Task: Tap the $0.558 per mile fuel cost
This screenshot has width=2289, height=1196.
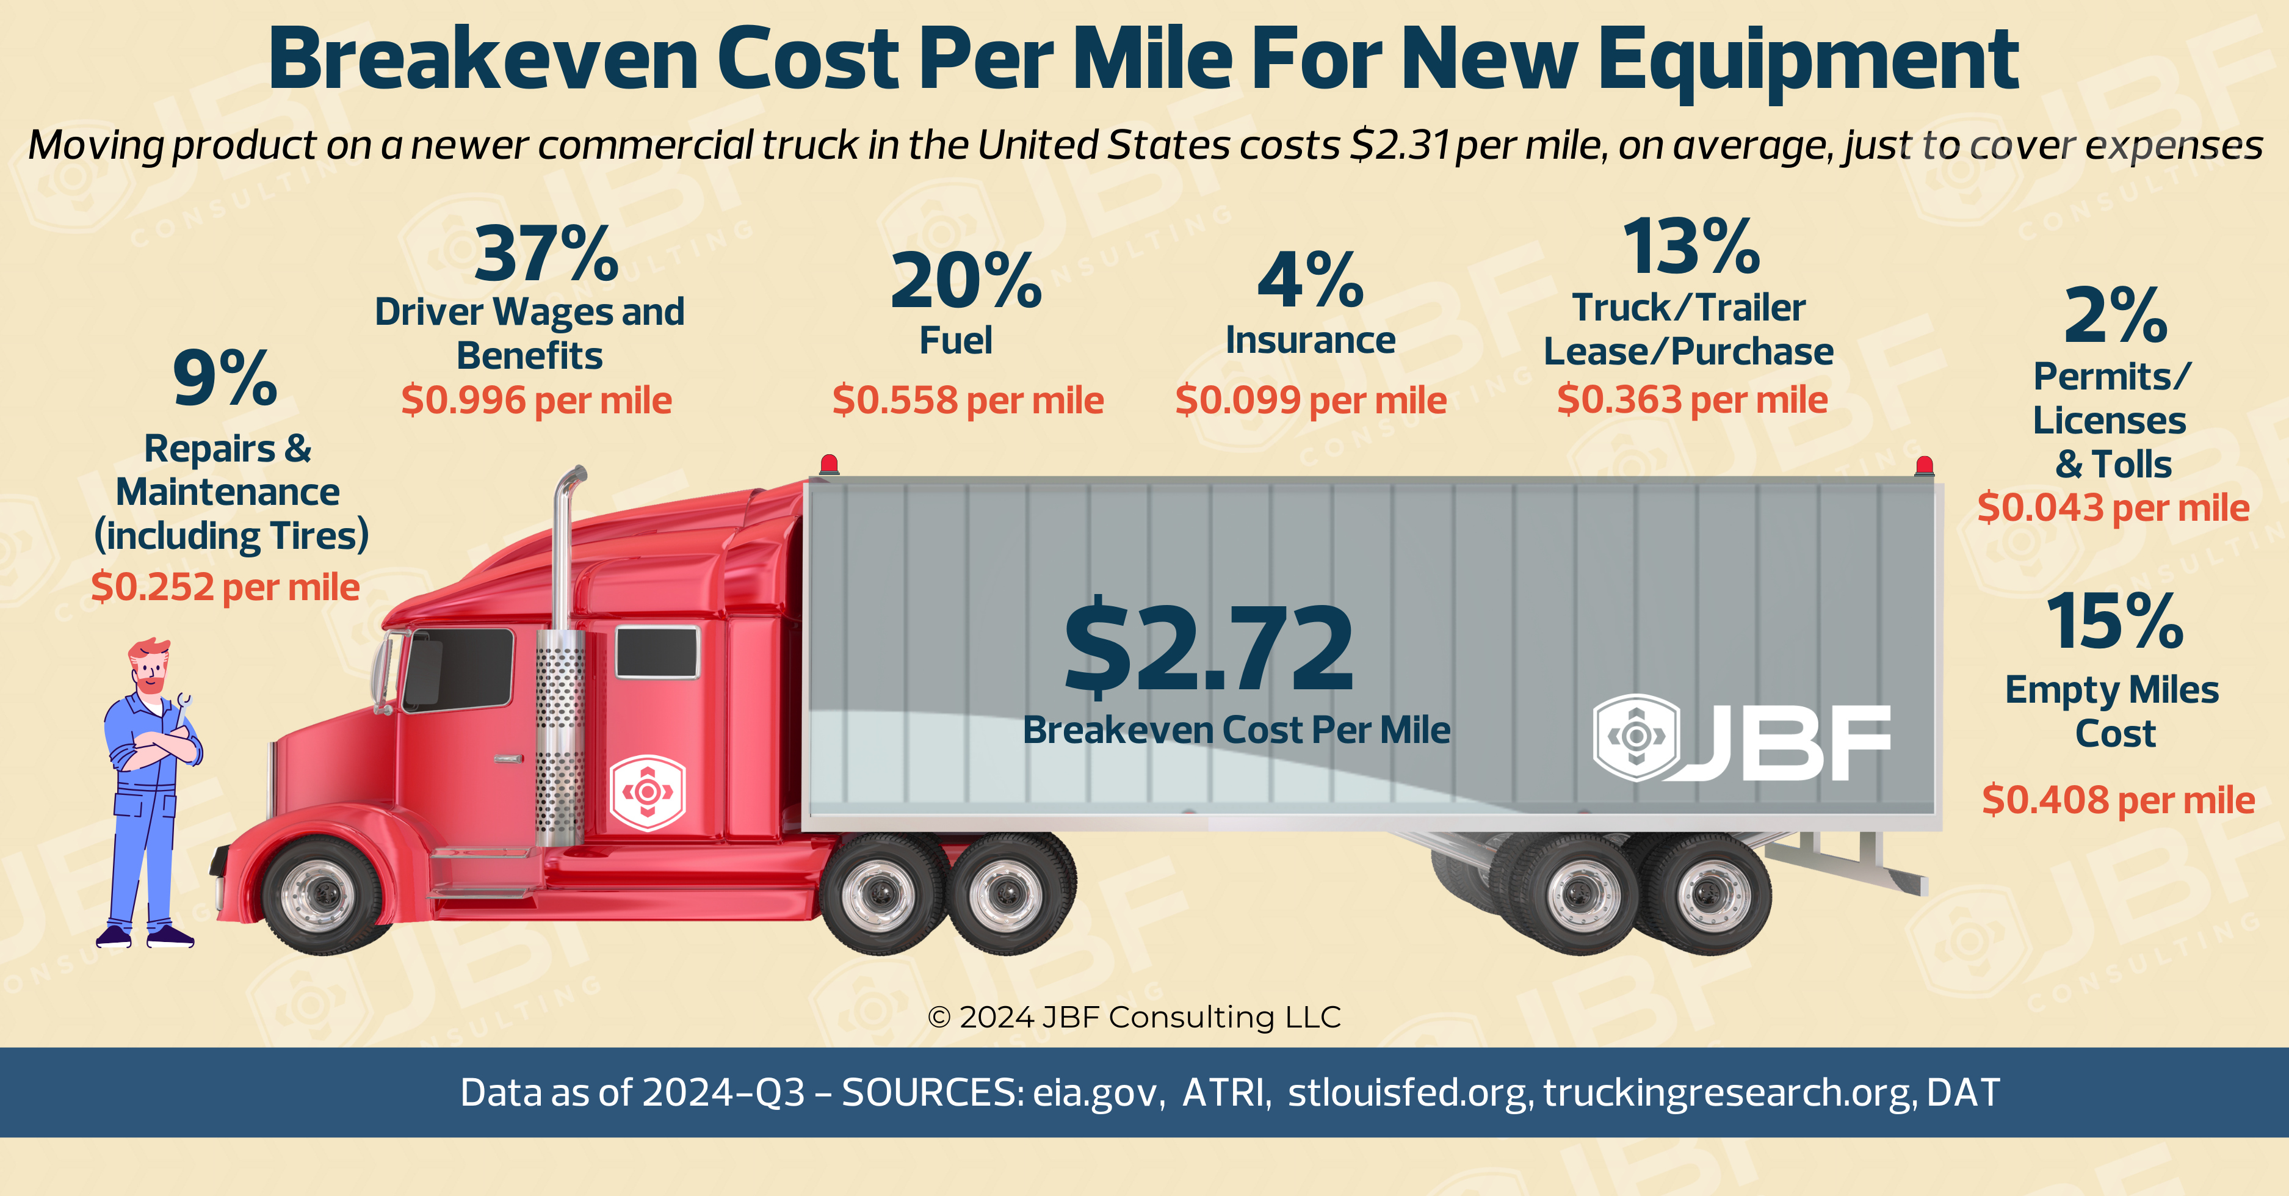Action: [967, 400]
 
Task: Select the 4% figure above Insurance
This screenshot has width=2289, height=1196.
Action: [1310, 281]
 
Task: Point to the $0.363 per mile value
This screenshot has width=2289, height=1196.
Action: [1691, 400]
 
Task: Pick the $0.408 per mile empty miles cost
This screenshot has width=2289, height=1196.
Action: [2117, 800]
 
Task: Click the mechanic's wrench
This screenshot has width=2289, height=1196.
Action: [184, 706]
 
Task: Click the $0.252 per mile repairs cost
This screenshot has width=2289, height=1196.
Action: [225, 587]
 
